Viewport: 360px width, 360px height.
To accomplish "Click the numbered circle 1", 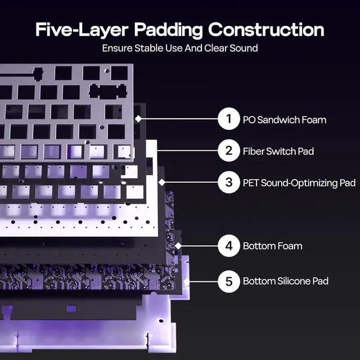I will pos(229,119).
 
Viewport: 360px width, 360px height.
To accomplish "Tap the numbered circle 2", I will pos(229,151).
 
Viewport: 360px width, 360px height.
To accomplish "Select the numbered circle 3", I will pos(229,183).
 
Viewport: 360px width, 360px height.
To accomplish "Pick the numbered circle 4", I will pos(229,246).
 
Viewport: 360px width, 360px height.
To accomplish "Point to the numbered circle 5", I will pos(229,281).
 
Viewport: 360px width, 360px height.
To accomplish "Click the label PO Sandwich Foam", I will pos(284,120).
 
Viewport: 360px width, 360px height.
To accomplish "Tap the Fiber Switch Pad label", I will pos(278,151).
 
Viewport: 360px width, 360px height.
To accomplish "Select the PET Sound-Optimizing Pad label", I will pos(299,183).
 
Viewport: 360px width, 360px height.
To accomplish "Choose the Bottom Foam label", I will pos(272,246).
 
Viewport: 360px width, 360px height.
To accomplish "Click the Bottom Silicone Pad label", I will pos(286,281).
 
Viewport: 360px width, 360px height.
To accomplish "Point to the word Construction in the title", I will pos(267,29).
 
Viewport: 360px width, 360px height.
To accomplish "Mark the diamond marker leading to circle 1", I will pos(138,119).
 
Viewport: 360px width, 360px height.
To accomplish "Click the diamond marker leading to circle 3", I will pos(162,182).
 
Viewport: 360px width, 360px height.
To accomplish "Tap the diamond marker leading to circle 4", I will pos(178,245).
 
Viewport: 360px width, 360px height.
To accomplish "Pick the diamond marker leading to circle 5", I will pos(186,281).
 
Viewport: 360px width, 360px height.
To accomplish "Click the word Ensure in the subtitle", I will pos(116,48).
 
